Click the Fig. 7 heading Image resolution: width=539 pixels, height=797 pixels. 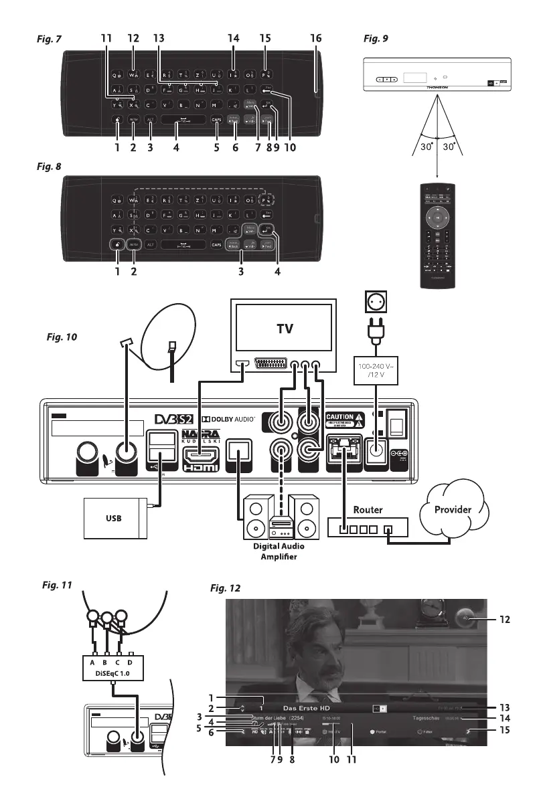(50, 40)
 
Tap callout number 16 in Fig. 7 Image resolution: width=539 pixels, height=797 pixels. (315, 40)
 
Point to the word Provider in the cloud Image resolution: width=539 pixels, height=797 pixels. (454, 509)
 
